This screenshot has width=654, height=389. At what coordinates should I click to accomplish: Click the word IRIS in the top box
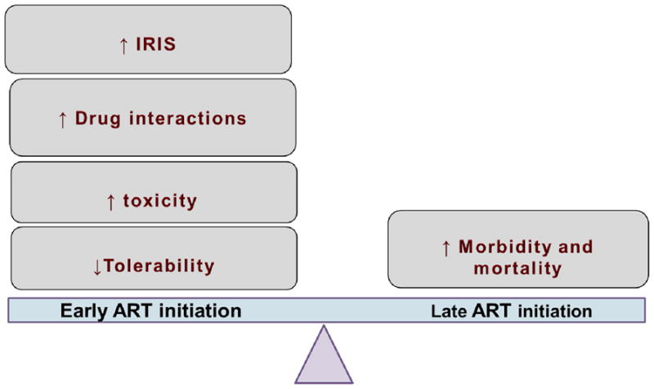[155, 44]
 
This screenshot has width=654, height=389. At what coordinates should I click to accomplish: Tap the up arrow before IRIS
[123, 46]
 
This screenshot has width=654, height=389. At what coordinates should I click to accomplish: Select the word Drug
[97, 118]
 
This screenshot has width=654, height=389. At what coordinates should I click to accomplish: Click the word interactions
[188, 118]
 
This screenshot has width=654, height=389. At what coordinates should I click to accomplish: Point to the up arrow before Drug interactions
[63, 119]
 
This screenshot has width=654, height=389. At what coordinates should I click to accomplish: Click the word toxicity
[159, 201]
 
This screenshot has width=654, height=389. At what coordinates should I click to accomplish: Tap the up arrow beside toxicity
[110, 202]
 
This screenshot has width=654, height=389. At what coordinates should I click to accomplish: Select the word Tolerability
[159, 266]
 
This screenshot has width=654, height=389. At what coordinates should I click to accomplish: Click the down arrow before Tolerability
[97, 267]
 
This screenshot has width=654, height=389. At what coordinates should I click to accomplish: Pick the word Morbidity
[504, 247]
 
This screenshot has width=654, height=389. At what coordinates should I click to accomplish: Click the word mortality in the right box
[517, 268]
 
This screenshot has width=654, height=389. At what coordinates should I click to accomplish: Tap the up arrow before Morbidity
[446, 248]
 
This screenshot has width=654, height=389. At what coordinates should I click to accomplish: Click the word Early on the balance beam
[84, 311]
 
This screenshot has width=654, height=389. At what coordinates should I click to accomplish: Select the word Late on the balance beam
[448, 311]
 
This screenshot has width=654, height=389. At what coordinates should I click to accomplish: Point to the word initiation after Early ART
[200, 311]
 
